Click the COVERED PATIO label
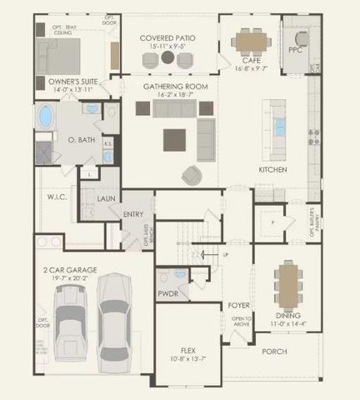(168, 38)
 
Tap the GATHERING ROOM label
(168, 86)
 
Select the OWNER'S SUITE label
(63, 82)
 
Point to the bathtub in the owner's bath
(43, 117)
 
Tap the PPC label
(295, 50)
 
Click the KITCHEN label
(273, 170)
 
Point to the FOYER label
(239, 306)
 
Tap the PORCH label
(274, 352)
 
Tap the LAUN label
(106, 198)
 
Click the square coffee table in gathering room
(174, 138)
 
